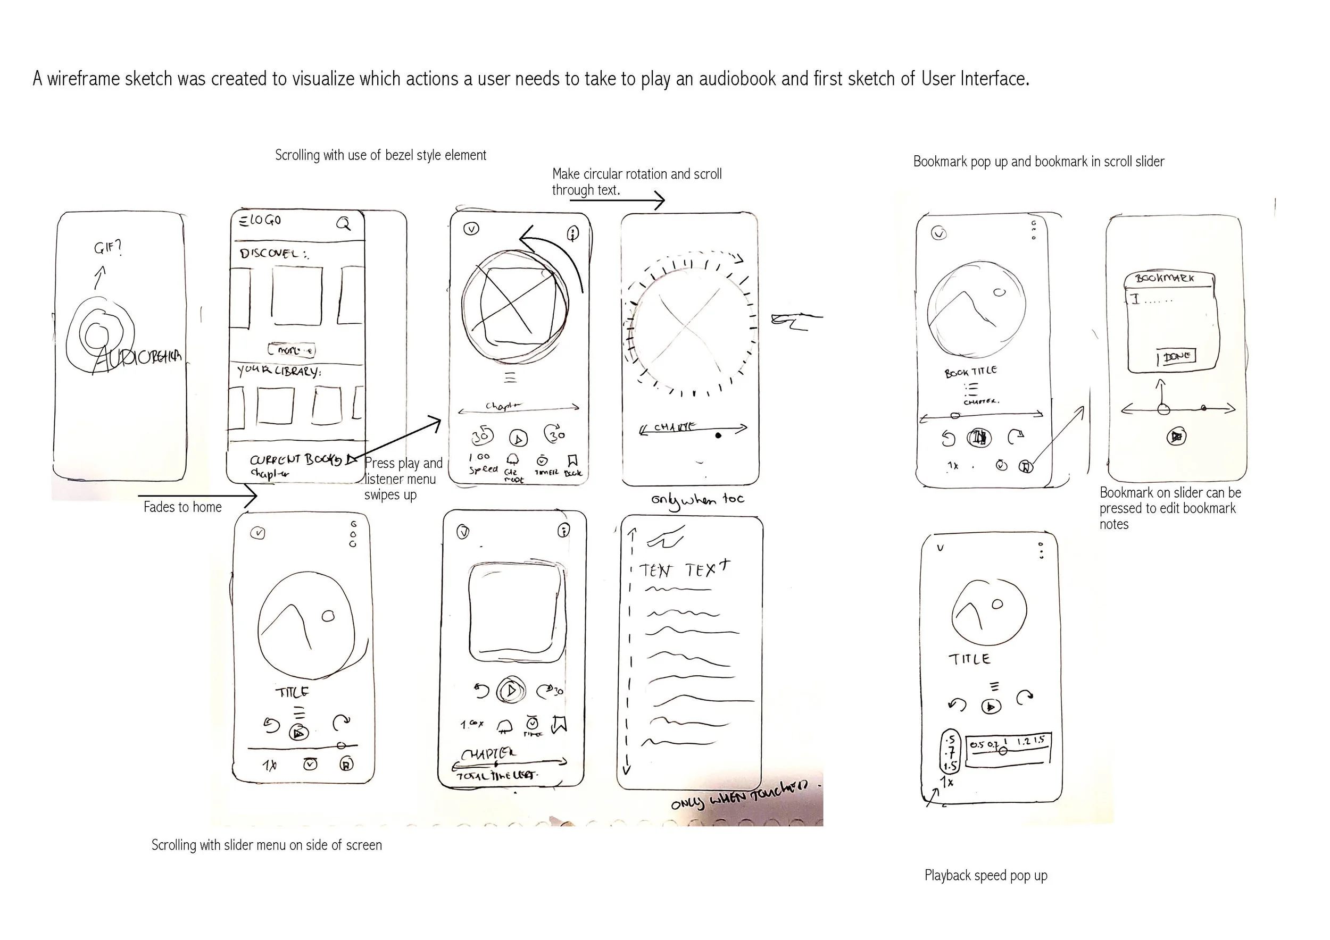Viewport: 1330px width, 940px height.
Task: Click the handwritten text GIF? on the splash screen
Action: [108, 248]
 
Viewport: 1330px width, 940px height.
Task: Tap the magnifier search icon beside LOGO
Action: [344, 223]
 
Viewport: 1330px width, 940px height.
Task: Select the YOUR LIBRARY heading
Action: [279, 371]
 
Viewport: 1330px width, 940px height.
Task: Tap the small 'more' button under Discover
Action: [292, 350]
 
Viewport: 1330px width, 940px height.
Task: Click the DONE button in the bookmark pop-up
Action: [1176, 357]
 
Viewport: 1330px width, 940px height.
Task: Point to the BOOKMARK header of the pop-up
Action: [1165, 279]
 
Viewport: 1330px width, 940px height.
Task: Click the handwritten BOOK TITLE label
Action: [970, 371]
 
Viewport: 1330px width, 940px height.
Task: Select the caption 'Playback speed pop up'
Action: [985, 875]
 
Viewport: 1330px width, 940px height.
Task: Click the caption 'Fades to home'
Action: [182, 507]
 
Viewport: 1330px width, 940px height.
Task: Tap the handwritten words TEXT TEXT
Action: [684, 570]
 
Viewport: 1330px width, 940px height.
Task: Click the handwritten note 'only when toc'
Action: [697, 500]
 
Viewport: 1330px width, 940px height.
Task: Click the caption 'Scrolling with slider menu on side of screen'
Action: [267, 845]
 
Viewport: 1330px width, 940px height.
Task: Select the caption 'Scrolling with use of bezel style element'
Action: [380, 155]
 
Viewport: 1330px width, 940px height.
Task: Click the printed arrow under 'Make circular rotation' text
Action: [617, 201]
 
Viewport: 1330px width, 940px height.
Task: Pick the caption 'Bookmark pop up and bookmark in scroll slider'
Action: [1038, 162]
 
